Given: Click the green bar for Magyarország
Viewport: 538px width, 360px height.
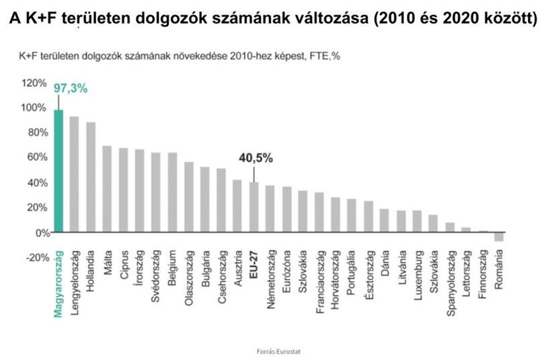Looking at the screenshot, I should [x=58, y=171].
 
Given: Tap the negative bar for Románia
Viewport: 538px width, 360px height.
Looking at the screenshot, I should [x=498, y=236].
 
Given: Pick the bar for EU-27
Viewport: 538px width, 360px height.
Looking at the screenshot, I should [x=254, y=207].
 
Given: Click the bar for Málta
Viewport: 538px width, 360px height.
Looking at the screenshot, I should [x=107, y=188].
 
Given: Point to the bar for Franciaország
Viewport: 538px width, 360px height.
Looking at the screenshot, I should [x=319, y=213].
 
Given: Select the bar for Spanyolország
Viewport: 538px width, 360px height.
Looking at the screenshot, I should [x=449, y=227].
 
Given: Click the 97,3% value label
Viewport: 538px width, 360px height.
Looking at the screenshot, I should [x=71, y=88].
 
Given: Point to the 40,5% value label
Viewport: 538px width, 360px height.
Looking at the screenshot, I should [x=255, y=158].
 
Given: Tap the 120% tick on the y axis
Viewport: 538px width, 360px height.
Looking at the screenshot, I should [x=34, y=83].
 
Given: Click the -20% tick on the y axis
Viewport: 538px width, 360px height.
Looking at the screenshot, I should [x=34, y=257].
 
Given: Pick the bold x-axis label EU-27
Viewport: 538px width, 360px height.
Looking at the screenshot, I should [x=254, y=261].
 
